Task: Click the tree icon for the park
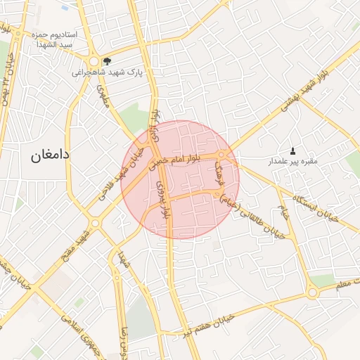click(106, 61)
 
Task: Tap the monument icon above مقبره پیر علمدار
click(292, 150)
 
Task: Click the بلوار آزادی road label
click(157, 125)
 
